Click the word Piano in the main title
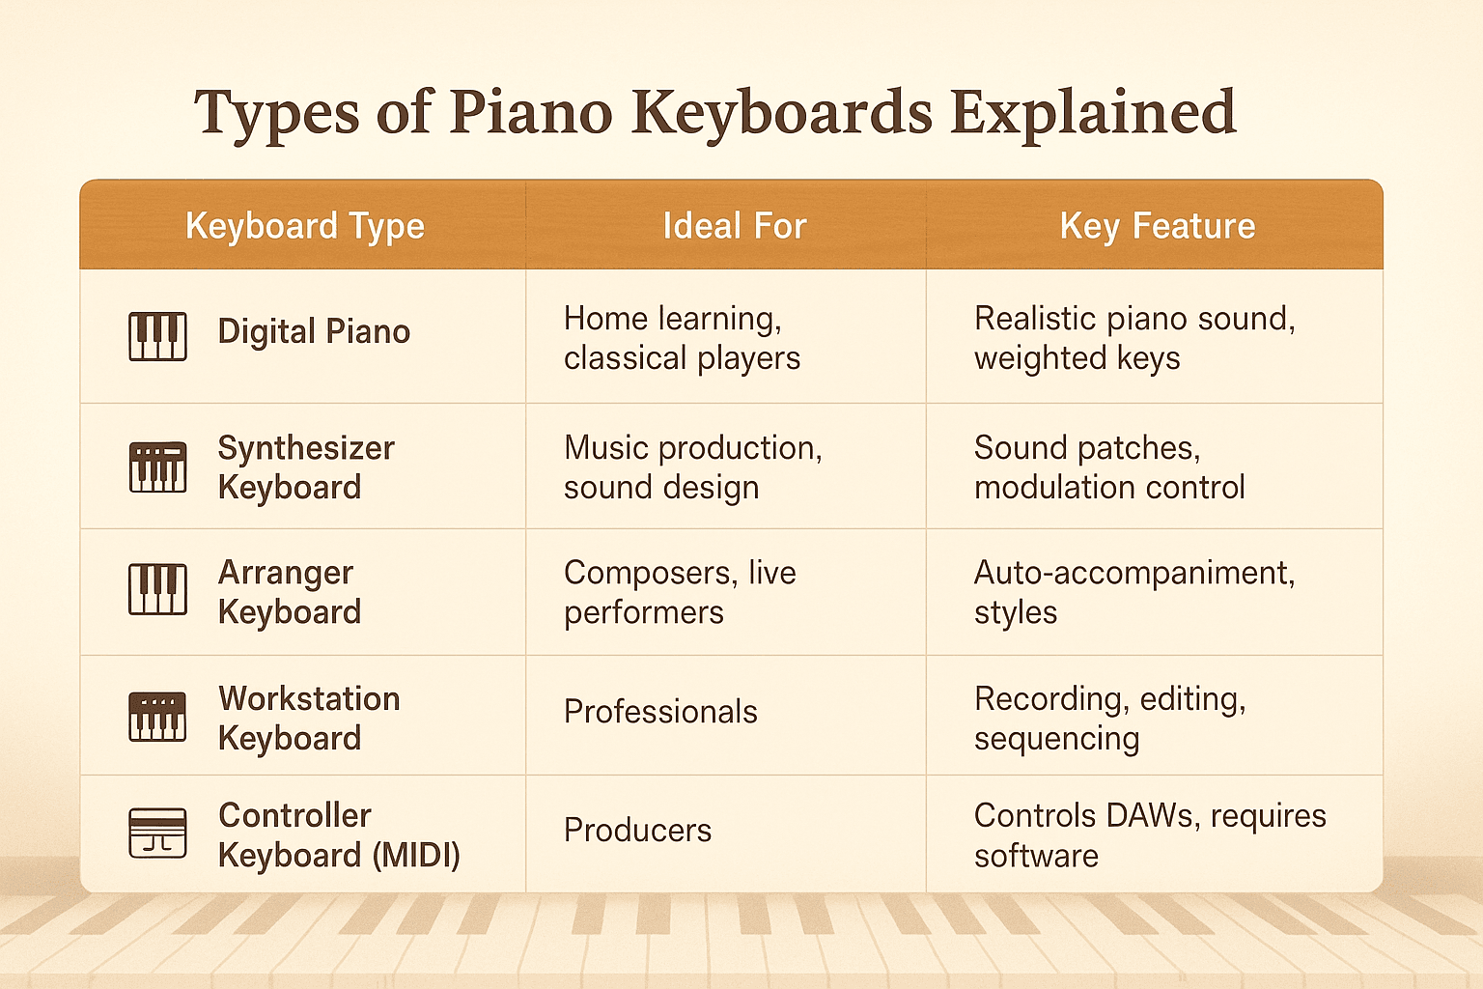530,113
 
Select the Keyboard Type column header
304,226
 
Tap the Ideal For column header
734,226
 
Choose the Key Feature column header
1157,226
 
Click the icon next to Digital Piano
157,336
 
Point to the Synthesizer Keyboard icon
157,467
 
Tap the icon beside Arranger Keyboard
157,589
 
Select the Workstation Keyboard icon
157,717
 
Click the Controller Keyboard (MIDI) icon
157,833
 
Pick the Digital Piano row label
314,331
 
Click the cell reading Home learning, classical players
682,338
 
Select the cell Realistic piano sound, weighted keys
1133,338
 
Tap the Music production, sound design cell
692,467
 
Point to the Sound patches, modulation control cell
1108,467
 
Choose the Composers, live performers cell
680,592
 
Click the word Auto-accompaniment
1133,573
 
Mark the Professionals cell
660,712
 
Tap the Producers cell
637,831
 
